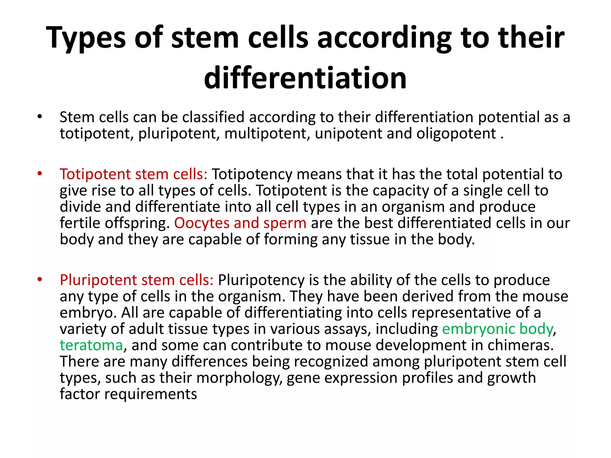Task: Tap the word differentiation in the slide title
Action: pos(305,78)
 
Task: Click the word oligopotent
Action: pos(456,134)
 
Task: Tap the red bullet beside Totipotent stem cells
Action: pos(40,174)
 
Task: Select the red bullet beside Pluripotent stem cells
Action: pos(40,279)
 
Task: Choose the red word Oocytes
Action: pos(202,223)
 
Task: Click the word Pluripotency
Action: pos(261,280)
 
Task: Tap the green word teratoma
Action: pos(91,345)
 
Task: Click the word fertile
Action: pos(78,223)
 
